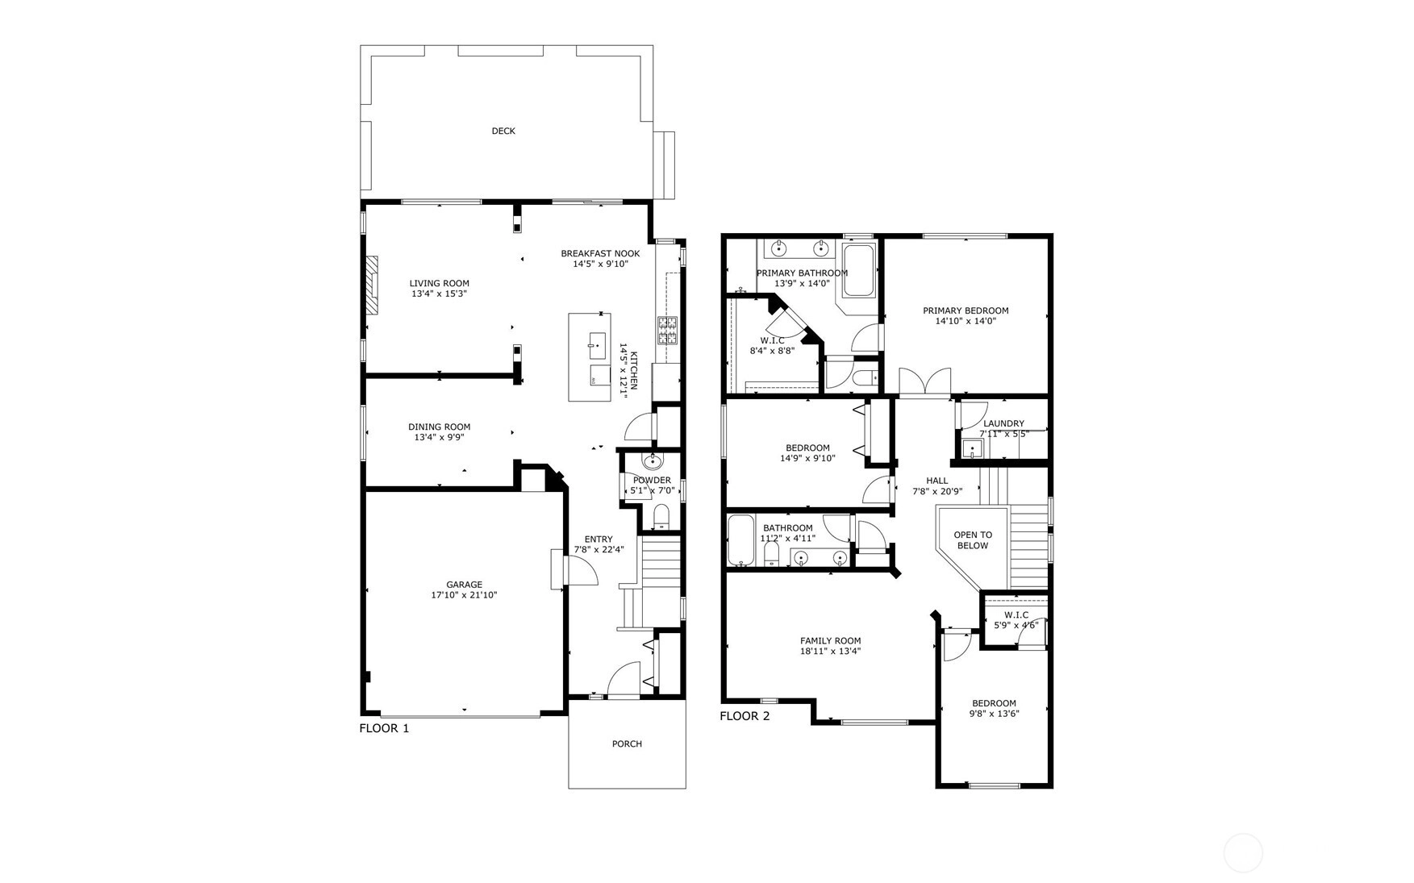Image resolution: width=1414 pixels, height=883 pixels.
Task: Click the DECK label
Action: tap(503, 131)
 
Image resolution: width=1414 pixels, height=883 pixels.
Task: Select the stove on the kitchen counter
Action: tap(668, 331)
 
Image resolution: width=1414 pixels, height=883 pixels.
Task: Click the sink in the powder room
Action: tap(653, 462)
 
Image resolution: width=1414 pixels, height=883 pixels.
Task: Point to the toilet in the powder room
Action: tap(661, 516)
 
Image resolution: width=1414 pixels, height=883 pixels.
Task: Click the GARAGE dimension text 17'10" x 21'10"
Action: tap(464, 595)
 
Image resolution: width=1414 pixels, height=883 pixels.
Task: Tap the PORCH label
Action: tap(627, 743)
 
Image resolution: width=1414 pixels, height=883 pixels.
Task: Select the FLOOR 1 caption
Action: tap(384, 728)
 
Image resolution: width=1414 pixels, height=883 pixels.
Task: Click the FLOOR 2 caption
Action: tap(745, 716)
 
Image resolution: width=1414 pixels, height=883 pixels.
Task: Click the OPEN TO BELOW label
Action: tap(973, 540)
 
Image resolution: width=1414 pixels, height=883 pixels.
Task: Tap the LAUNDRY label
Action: tap(1003, 423)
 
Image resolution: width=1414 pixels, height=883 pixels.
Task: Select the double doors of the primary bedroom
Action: tap(925, 382)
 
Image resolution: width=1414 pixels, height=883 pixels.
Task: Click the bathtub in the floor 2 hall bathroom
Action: tap(740, 540)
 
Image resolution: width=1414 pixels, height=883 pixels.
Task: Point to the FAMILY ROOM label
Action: tap(830, 641)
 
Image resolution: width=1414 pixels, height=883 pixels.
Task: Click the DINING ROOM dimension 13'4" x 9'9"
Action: tap(439, 438)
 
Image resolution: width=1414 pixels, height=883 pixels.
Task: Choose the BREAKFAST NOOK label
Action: tap(600, 253)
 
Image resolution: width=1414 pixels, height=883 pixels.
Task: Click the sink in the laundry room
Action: tap(971, 449)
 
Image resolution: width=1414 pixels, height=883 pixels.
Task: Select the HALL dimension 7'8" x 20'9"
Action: tap(937, 491)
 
